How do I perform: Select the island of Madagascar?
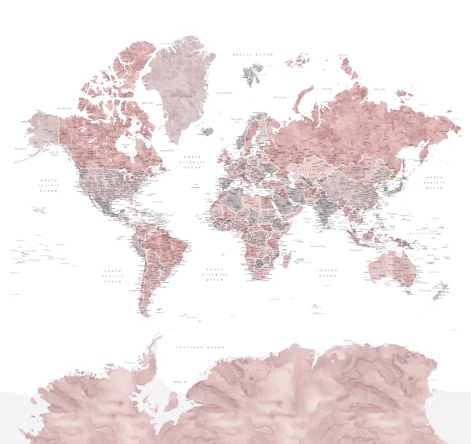(287, 259)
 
